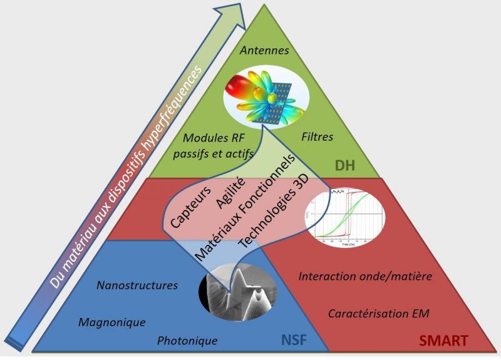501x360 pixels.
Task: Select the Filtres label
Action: (318, 136)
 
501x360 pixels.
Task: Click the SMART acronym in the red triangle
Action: (443, 341)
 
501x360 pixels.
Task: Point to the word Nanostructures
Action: (137, 285)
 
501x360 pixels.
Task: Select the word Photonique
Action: (187, 341)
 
